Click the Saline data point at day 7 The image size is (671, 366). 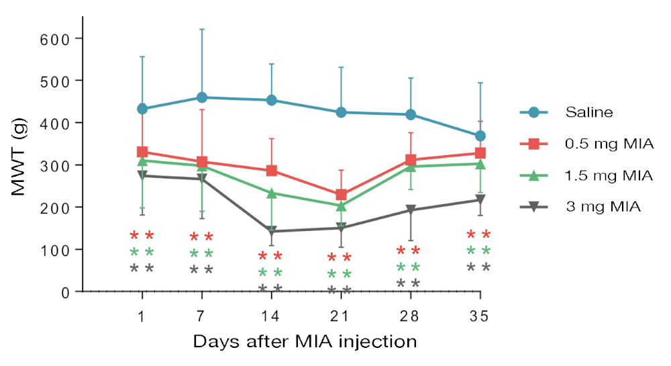[x=201, y=97]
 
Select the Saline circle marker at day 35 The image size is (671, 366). [x=480, y=136]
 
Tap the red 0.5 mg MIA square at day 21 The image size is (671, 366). [x=341, y=195]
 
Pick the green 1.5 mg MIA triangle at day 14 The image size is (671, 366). [x=271, y=193]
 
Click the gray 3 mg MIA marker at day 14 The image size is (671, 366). [x=271, y=231]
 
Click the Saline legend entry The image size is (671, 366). [x=588, y=112]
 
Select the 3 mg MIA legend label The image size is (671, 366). [x=603, y=208]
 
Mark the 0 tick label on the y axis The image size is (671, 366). [x=66, y=292]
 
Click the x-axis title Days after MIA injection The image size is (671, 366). [x=305, y=341]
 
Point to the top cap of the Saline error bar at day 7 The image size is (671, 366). [x=201, y=30]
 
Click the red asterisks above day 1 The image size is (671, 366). [x=142, y=235]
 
